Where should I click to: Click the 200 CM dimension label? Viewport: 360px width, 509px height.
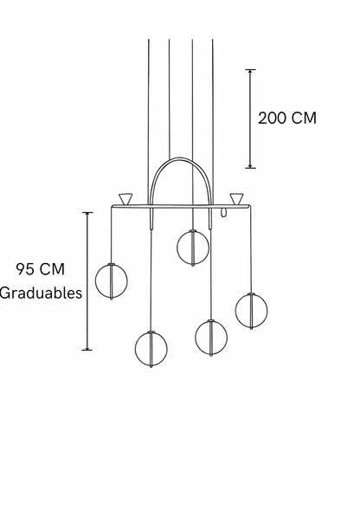tap(287, 118)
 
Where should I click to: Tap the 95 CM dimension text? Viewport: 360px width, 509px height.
tap(41, 269)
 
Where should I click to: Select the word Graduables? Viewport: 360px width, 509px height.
tap(41, 293)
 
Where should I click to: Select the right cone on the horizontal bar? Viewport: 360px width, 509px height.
tap(236, 199)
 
